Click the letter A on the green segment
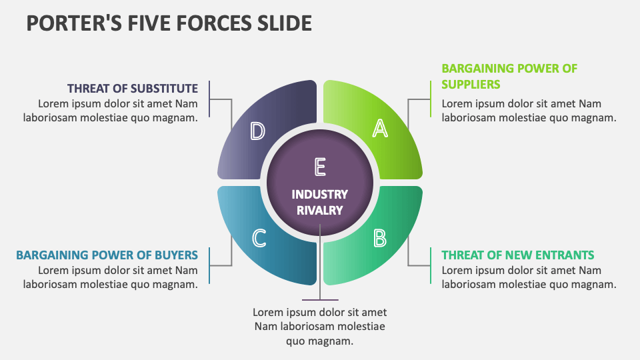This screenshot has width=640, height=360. point(379,128)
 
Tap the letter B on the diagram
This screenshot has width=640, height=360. point(379,237)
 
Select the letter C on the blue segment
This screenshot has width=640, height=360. point(259,237)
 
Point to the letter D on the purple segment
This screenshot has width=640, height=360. point(257,131)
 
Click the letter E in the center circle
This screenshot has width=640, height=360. point(320,167)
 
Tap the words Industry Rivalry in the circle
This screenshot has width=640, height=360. point(320,202)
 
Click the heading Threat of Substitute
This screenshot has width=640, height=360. point(133,88)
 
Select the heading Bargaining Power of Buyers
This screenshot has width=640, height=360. point(107,255)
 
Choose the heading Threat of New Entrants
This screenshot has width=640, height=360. point(518,255)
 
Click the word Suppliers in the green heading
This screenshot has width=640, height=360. point(471,85)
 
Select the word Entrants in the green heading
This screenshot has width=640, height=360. point(567,255)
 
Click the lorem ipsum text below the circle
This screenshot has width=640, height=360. point(320,327)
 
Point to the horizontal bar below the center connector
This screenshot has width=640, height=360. point(320,301)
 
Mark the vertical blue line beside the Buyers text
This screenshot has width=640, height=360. point(209,265)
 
